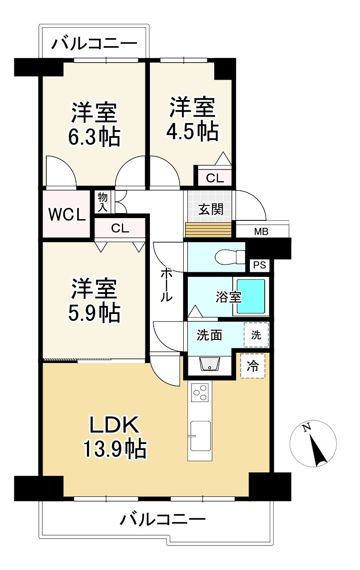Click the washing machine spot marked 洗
256,335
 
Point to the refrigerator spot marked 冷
253,366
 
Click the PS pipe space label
259,266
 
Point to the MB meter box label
261,232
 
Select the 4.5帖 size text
192,132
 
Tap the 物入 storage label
103,202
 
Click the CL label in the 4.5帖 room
215,178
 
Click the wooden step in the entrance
208,230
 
